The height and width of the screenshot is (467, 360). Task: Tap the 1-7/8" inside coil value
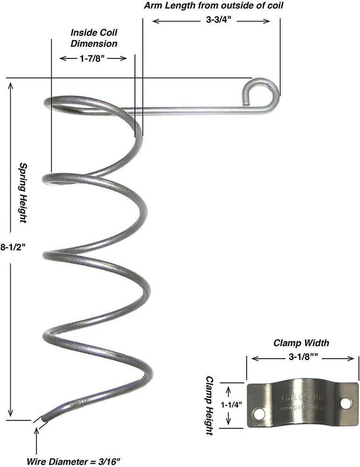click(x=93, y=58)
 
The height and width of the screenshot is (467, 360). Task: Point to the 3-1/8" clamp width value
click(x=301, y=358)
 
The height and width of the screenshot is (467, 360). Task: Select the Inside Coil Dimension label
click(x=94, y=38)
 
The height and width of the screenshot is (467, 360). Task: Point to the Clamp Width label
click(x=301, y=343)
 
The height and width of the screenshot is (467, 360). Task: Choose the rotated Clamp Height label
click(x=210, y=406)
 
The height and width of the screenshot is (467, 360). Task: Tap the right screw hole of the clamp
click(x=346, y=402)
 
